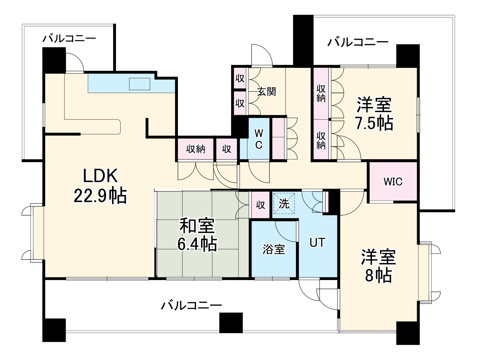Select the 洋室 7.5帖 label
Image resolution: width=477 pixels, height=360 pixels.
(374, 114)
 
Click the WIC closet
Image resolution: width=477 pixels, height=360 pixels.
(393, 182)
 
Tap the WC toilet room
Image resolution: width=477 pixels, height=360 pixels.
(259, 139)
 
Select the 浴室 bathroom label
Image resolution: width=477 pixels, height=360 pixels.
(273, 249)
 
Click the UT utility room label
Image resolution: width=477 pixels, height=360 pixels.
(317, 243)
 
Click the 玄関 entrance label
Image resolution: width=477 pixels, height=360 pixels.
(266, 92)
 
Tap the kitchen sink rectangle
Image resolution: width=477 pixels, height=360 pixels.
(140, 83)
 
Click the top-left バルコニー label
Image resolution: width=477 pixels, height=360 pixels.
(69, 39)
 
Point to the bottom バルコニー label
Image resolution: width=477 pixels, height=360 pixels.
(191, 305)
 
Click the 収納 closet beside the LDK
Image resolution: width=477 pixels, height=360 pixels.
(195, 149)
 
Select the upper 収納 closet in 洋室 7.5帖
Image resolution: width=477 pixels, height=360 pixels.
(321, 93)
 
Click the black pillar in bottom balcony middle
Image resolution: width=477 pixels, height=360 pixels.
(231, 323)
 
